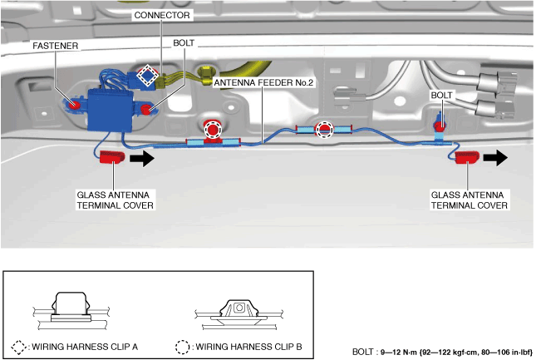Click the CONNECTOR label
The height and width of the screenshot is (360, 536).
163,15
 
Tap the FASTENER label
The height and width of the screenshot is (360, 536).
57,47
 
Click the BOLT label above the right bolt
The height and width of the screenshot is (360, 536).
442,96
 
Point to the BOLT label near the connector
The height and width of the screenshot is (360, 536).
184,42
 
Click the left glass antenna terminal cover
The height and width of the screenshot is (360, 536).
111,157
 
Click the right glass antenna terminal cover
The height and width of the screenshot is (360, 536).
468,157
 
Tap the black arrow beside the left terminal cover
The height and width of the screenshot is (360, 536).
142,157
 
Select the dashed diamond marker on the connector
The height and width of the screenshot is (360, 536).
147,76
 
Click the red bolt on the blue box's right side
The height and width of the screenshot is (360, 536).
146,109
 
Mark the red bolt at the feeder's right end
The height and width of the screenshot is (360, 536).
441,126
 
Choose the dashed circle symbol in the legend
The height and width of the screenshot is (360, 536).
183,346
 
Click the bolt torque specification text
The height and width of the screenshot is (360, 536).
441,352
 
